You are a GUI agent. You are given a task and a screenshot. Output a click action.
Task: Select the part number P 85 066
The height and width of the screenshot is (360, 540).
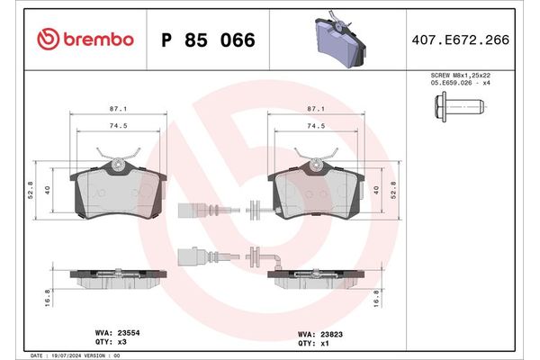click(207, 40)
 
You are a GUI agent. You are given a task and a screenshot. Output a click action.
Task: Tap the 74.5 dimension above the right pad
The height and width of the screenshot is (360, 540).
click(316, 127)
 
